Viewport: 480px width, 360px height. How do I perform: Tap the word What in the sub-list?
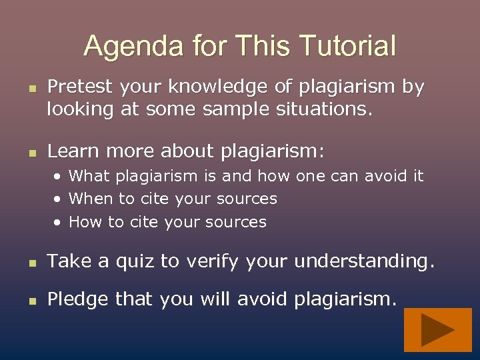click(x=89, y=176)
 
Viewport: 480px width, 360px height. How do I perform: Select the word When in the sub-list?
click(x=89, y=199)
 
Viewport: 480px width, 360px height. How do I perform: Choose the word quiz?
click(x=130, y=262)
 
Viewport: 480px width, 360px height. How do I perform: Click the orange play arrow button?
click(x=437, y=330)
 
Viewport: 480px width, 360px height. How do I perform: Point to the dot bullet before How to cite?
click(x=59, y=222)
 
